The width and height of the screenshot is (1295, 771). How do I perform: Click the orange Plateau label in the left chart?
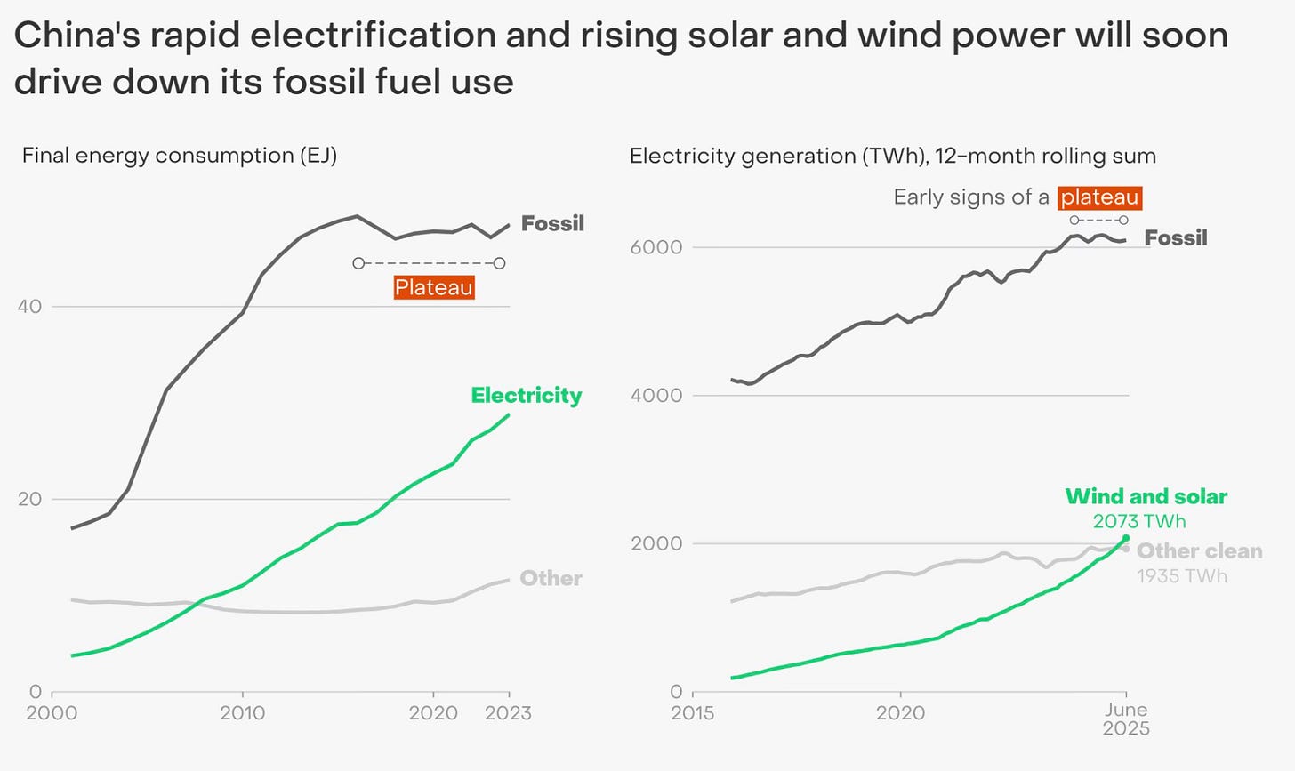[x=434, y=287]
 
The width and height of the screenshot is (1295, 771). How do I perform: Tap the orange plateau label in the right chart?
[x=1099, y=197]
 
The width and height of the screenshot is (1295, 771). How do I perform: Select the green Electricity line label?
[x=527, y=395]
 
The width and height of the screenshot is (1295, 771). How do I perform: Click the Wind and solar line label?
[x=1146, y=496]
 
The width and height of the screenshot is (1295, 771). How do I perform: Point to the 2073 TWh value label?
[x=1139, y=521]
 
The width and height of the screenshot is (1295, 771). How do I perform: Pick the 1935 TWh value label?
[x=1182, y=576]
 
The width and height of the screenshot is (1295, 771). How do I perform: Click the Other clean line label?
[x=1199, y=551]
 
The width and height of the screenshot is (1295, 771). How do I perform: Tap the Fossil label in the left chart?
[x=552, y=223]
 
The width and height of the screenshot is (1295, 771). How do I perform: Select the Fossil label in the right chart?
[x=1176, y=237]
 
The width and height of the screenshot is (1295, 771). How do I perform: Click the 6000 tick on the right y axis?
[x=656, y=247]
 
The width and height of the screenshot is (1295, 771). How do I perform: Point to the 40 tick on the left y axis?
[x=29, y=307]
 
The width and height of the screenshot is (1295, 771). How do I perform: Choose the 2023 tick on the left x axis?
[x=509, y=713]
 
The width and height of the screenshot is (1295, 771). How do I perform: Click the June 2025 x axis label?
[x=1126, y=719]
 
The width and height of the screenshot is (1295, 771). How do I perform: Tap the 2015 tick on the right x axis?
[x=693, y=713]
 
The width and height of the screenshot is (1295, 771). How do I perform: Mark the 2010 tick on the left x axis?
[x=242, y=713]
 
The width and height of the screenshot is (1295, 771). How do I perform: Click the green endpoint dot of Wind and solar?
[x=1126, y=538]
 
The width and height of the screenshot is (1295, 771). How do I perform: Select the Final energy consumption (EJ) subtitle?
[x=180, y=156]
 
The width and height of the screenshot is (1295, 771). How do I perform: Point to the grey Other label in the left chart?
[x=551, y=578]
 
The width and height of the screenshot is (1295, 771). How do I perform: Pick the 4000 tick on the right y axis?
[x=656, y=395]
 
